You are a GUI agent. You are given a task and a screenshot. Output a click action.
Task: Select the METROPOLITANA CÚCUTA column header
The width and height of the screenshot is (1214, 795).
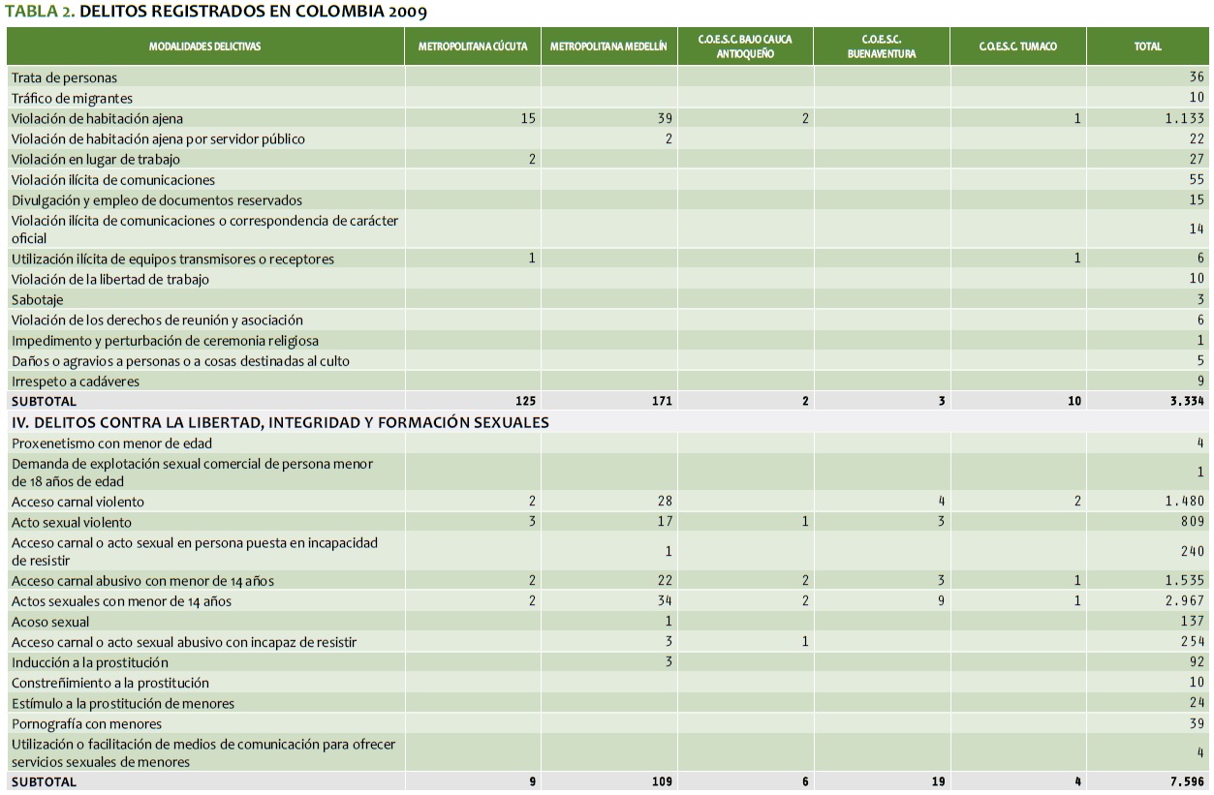click(473, 46)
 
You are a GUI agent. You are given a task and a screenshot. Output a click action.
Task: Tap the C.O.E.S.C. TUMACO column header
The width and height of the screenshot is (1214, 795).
click(1017, 46)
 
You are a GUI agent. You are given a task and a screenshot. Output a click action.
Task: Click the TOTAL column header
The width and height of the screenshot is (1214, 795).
click(1147, 46)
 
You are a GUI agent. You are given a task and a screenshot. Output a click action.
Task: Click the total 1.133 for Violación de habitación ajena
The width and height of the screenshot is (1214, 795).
click(1184, 118)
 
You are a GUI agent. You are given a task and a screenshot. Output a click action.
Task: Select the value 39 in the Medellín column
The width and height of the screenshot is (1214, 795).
click(664, 118)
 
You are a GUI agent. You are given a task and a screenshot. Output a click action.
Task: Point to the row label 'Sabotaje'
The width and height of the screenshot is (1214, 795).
click(37, 300)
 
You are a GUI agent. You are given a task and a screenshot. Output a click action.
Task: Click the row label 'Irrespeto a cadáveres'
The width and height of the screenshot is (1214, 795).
click(76, 382)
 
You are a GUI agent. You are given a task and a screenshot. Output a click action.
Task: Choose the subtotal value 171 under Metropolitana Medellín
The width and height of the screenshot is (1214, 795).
click(662, 401)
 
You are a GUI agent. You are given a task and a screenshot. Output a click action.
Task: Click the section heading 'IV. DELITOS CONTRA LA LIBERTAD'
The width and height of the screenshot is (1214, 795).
click(280, 422)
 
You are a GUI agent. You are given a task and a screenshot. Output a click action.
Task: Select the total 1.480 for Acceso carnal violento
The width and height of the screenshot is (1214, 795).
click(1184, 502)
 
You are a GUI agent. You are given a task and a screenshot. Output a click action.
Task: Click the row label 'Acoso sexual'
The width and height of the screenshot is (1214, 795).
click(50, 622)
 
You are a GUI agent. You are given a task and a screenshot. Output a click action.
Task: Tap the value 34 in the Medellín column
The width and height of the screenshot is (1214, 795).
click(665, 601)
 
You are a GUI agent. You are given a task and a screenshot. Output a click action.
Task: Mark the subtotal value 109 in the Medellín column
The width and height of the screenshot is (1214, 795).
click(662, 781)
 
